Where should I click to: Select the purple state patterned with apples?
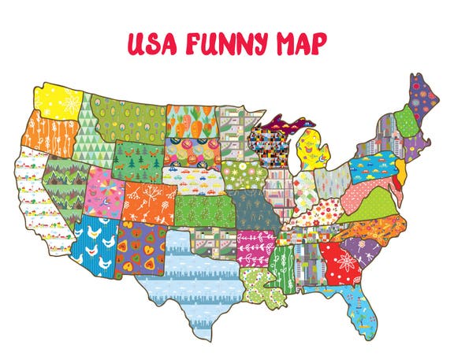tap(143, 241)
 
